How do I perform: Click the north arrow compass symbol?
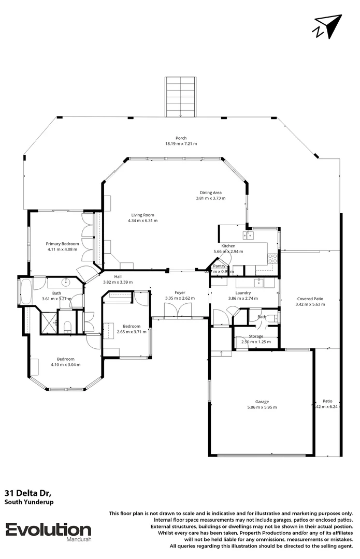click(327, 26)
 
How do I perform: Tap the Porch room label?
click(181, 138)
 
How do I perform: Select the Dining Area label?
click(210, 193)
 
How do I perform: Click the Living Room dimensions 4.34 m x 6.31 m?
click(142, 220)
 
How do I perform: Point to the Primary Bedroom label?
click(62, 243)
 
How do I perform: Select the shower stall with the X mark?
click(49, 321)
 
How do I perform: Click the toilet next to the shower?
click(67, 325)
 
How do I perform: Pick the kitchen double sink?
click(250, 236)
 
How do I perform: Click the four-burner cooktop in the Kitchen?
click(272, 258)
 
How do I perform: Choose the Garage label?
click(262, 401)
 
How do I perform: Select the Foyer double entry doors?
click(174, 311)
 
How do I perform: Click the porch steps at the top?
click(180, 97)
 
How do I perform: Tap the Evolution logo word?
click(48, 529)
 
